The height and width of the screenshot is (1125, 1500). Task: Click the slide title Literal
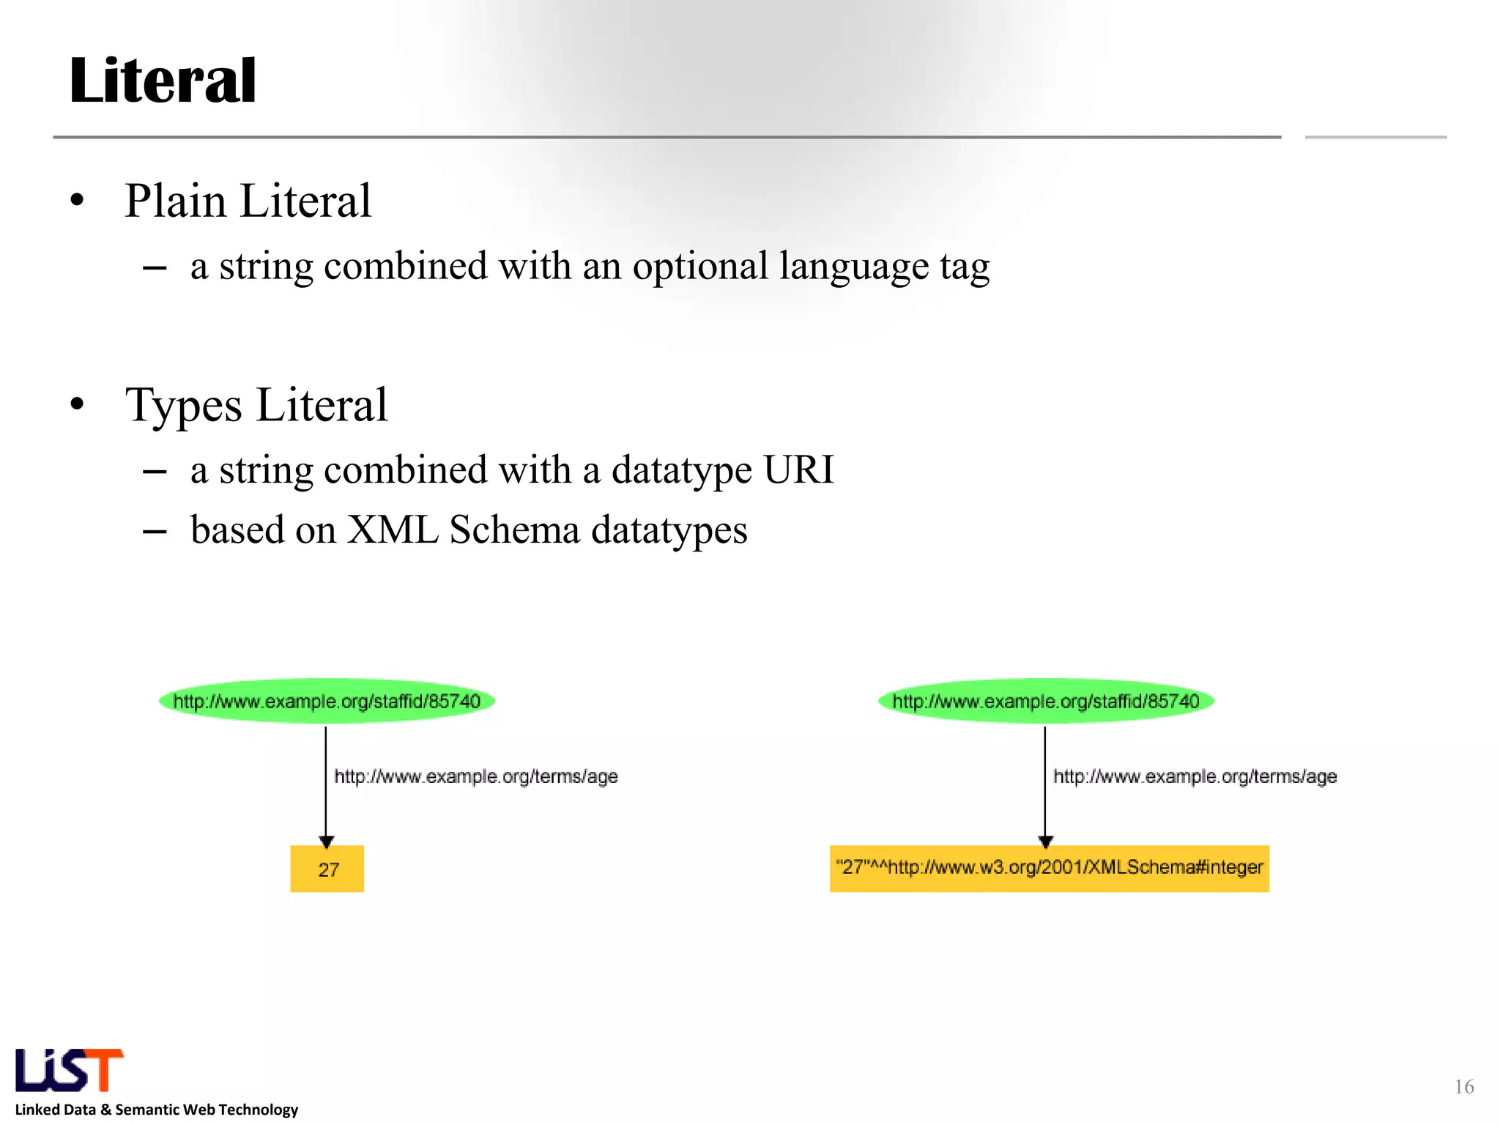163,81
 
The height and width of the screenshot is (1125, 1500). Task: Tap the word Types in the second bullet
183,405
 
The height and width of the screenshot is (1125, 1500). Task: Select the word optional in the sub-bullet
700,267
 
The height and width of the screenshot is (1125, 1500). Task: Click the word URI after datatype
798,469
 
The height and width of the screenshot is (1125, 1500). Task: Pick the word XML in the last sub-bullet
393,530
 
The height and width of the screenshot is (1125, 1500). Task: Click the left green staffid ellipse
327,701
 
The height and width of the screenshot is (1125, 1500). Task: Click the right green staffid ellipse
1046,701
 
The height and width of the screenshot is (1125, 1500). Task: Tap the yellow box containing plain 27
327,869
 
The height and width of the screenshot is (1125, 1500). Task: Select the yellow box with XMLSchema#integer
1049,869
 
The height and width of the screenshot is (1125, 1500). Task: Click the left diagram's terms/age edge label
476,776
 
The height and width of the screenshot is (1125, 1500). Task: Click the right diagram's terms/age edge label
1195,776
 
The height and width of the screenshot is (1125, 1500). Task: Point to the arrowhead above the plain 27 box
327,842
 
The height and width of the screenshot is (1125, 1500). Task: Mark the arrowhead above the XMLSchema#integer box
1046,842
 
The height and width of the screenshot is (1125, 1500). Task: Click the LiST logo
69,1070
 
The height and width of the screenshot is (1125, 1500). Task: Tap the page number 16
1464,1086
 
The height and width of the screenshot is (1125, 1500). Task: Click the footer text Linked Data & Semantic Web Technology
157,1110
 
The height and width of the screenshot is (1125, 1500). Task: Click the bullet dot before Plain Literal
78,201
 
